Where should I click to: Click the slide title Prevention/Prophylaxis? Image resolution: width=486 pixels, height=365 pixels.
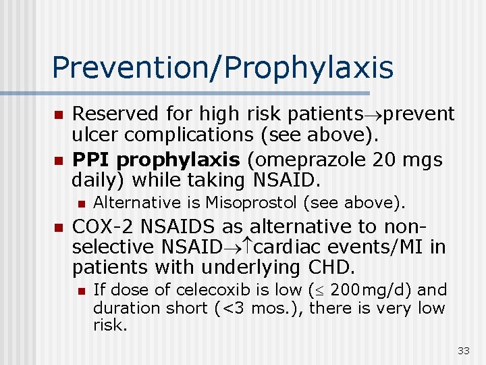tap(222, 68)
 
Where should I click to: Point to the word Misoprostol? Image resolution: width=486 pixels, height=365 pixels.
tap(246, 202)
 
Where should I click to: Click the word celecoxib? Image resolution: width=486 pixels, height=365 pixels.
tap(214, 290)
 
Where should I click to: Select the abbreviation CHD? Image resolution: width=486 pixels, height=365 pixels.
tap(332, 267)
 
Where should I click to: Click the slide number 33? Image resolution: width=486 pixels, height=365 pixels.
tap(463, 350)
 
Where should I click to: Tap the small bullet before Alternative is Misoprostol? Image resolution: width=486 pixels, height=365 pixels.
tap(81, 203)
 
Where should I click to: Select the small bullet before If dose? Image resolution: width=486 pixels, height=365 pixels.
tap(81, 291)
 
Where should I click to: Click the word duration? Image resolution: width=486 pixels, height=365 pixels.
tap(122, 308)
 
